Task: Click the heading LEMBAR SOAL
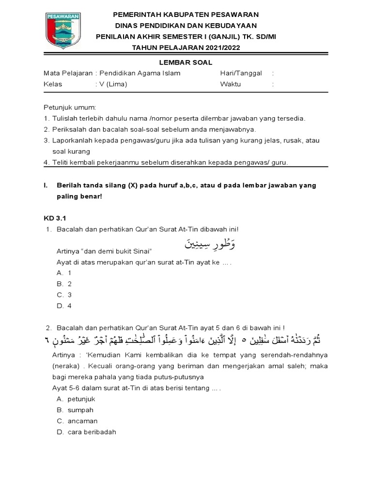[186, 62]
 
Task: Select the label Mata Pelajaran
[68, 73]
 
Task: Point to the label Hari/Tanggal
[241, 73]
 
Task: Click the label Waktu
[230, 84]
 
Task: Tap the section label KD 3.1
[54, 218]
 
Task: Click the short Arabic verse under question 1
[210, 244]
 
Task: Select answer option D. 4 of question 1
[64, 306]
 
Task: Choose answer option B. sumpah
[75, 410]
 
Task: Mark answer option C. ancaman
[77, 421]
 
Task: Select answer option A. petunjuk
[76, 399]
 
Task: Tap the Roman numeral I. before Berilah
[45, 186]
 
